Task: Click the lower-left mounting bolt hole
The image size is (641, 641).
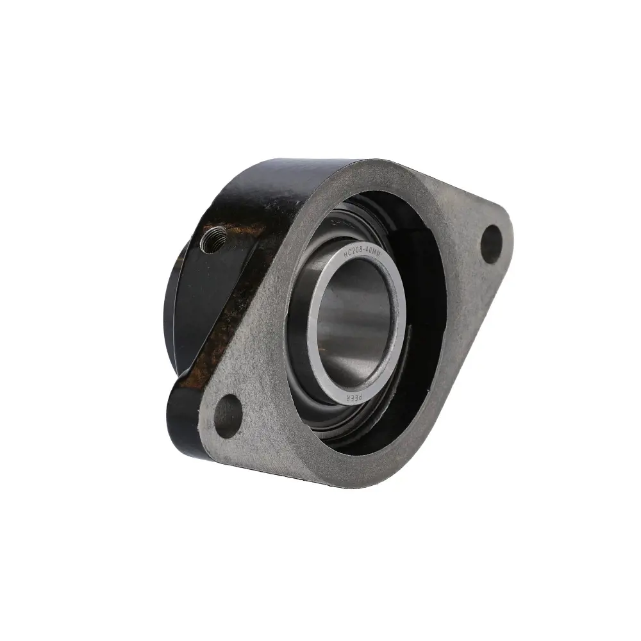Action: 228,417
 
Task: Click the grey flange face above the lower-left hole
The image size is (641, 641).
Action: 250,378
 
